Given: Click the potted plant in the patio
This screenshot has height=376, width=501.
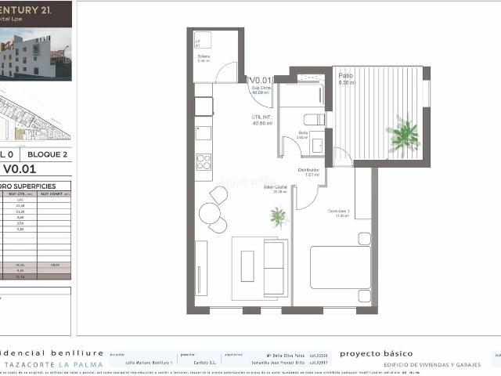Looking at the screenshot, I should pos(403,135).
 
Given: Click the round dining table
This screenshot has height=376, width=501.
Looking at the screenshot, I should pos(209,215).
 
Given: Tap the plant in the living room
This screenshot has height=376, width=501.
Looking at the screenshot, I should pos(276,215).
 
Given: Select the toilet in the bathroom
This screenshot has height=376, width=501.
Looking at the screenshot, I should pos(314,120).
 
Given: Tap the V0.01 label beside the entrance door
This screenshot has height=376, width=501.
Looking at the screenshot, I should pos(260,80).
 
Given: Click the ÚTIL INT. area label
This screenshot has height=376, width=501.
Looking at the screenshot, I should pos(261,117).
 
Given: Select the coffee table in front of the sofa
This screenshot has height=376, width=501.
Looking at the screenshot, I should pos(247,266).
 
